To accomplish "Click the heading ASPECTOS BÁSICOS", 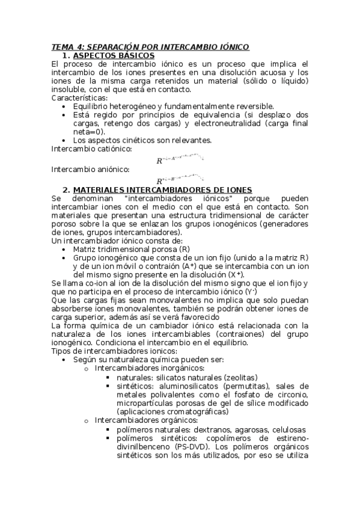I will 113,55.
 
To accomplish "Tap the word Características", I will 79,98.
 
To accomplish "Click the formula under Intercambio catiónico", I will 180,160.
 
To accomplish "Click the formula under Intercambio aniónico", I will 180,180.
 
